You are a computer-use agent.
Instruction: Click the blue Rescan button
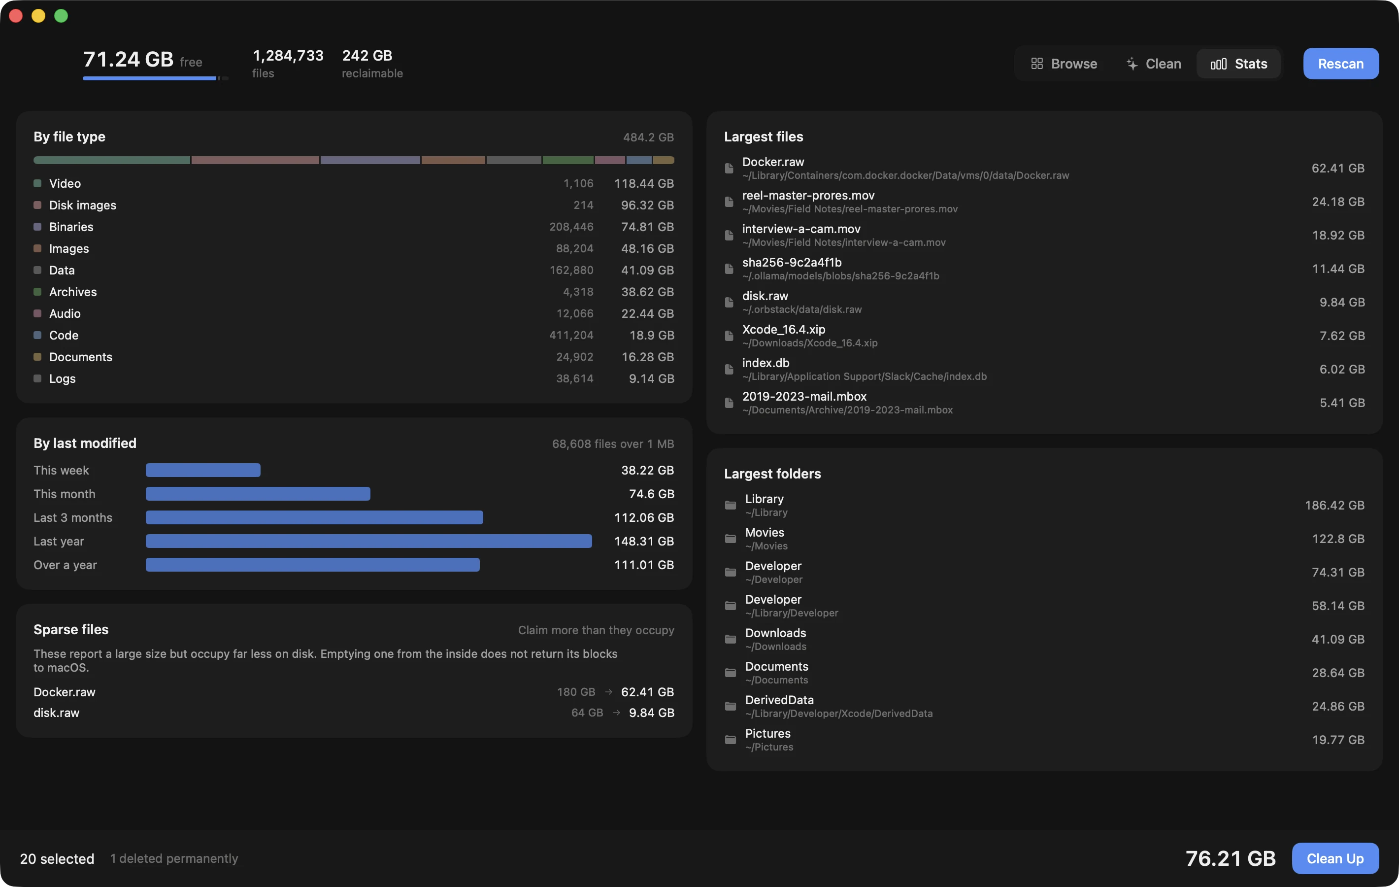point(1340,64)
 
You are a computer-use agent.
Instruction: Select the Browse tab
point(1064,64)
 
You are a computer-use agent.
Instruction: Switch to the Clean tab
point(1153,64)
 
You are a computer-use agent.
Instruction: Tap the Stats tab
point(1238,64)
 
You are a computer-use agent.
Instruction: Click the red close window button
point(16,16)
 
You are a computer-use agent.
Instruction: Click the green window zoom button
point(61,16)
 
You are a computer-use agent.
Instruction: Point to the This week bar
point(203,470)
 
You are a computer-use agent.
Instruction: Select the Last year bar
point(369,541)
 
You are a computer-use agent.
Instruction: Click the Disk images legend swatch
point(37,205)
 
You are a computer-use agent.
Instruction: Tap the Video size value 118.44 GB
point(644,184)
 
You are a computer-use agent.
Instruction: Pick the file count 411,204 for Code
point(571,336)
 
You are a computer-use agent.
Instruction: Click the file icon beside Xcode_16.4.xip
point(729,336)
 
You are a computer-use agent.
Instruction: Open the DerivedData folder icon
point(731,706)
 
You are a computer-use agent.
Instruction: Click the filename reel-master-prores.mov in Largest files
point(808,195)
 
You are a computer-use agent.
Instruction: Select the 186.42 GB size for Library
point(1334,505)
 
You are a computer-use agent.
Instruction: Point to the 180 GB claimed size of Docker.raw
point(576,692)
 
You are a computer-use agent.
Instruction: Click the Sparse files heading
point(71,629)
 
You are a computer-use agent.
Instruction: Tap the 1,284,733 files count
point(288,56)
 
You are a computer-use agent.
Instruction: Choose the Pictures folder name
point(767,734)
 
